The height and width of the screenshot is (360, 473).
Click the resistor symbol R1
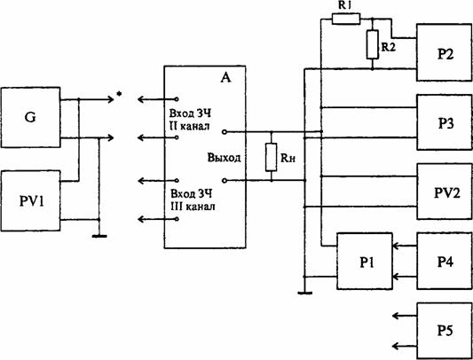coord(346,19)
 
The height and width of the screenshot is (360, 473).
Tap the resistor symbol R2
coord(373,44)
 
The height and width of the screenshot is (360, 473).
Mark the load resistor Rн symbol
coord(272,158)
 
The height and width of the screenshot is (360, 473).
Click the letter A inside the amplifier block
coord(225,78)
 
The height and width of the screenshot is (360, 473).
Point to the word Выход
coord(224,157)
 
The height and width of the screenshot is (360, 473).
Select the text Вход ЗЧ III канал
coord(193,200)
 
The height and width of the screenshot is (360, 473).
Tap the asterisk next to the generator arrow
coord(119,94)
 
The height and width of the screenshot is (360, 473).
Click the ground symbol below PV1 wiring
coord(99,237)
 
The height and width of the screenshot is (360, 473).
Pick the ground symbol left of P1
coord(305,293)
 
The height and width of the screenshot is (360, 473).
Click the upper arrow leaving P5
coord(404,316)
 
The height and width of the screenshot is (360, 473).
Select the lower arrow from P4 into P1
coord(404,276)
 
